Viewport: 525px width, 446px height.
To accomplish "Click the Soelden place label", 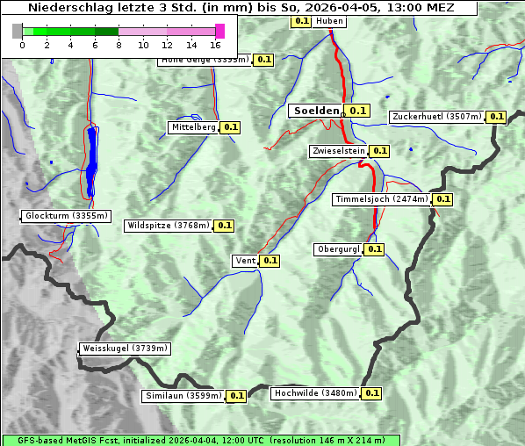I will pos(315,111).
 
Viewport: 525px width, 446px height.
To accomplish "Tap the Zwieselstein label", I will pos(337,151).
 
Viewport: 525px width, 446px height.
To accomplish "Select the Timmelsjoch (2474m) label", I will pos(382,199).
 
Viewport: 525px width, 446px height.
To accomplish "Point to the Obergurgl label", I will pos(338,249).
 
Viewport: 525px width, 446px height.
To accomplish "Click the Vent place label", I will pos(245,260).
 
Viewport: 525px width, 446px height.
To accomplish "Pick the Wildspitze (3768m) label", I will pos(169,226).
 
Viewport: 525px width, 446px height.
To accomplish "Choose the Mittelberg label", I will pos(193,127).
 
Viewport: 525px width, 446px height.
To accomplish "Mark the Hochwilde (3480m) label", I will pos(315,393).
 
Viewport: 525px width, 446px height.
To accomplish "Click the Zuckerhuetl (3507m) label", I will pos(437,117).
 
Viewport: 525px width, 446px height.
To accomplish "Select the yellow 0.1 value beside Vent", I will pos(270,260).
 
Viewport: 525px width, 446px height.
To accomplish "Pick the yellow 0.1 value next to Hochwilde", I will pos(372,393).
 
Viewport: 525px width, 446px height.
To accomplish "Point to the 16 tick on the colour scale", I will pos(216,45).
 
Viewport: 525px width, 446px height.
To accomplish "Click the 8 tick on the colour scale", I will pos(119,45).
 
